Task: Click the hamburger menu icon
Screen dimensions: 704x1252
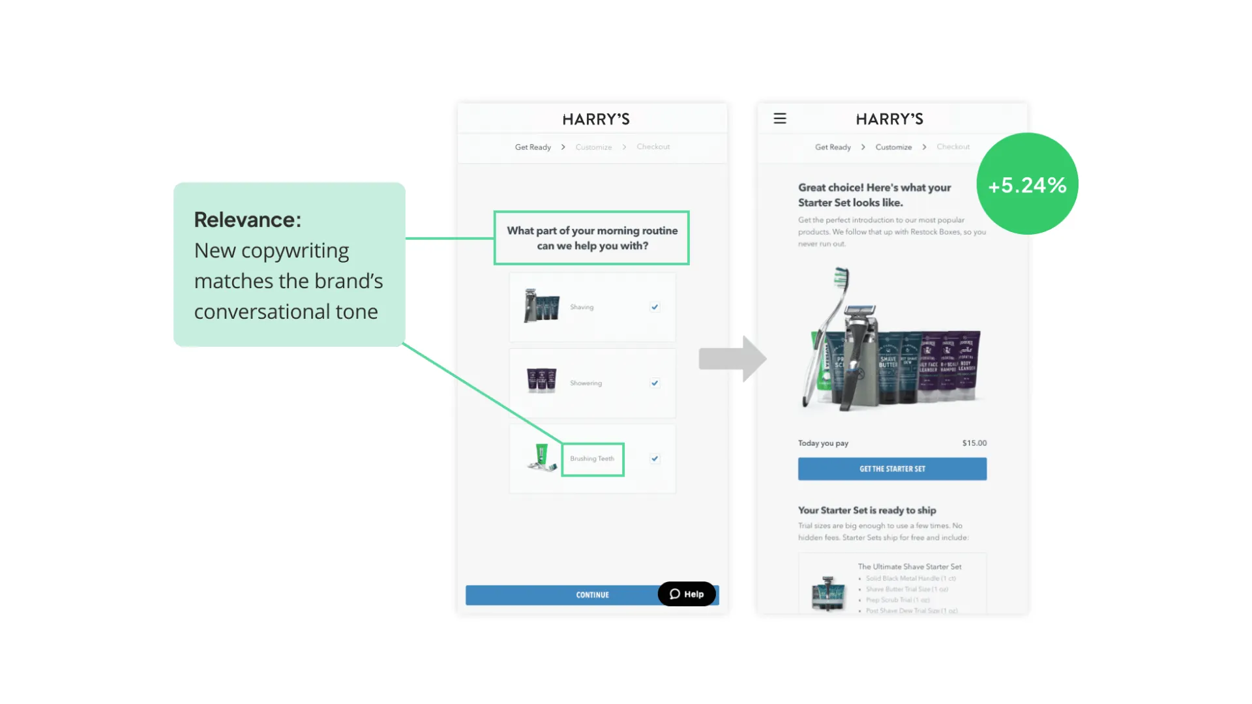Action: click(x=780, y=119)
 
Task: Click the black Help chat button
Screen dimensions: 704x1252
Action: click(x=687, y=594)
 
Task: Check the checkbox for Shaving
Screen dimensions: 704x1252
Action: click(x=655, y=307)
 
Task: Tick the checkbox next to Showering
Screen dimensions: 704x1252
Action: click(x=655, y=383)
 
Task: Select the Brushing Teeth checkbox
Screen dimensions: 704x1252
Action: click(x=655, y=459)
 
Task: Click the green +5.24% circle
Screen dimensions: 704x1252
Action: click(x=1027, y=184)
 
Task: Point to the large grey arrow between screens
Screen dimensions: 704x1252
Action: click(x=732, y=359)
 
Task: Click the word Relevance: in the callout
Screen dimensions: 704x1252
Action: click(x=248, y=220)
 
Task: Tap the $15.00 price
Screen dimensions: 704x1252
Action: click(x=974, y=443)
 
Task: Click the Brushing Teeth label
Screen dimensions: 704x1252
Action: click(x=592, y=459)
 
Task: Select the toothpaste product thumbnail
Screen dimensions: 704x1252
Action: click(x=541, y=458)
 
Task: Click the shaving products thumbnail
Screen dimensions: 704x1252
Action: click(x=541, y=306)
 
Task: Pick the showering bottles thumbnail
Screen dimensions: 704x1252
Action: click(x=541, y=381)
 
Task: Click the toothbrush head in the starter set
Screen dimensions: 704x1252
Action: click(x=842, y=280)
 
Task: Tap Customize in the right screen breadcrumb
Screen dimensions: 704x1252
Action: click(x=893, y=147)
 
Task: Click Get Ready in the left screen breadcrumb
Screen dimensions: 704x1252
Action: click(x=533, y=147)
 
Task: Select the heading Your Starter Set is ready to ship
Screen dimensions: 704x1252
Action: click(x=867, y=510)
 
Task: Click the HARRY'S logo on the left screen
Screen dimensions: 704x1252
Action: click(x=596, y=119)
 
